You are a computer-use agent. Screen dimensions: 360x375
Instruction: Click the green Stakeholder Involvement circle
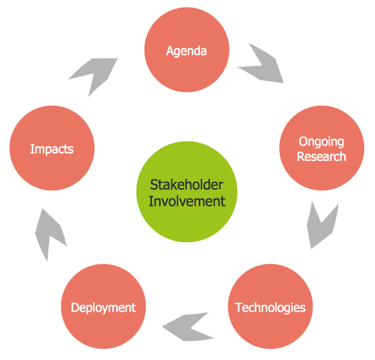[187, 192]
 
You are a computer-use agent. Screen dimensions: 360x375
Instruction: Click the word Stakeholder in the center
[187, 184]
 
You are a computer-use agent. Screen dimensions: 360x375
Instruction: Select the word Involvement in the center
[187, 201]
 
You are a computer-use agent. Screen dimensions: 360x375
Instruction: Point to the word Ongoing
[322, 142]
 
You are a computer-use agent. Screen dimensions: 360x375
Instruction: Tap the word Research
[322, 157]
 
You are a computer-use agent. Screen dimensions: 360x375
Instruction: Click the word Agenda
[187, 51]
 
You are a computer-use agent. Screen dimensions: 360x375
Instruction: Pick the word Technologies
[270, 307]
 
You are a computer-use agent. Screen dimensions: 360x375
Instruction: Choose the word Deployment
[103, 308]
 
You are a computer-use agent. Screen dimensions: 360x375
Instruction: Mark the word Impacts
[52, 149]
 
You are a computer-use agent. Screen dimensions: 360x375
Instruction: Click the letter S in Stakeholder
[154, 184]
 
